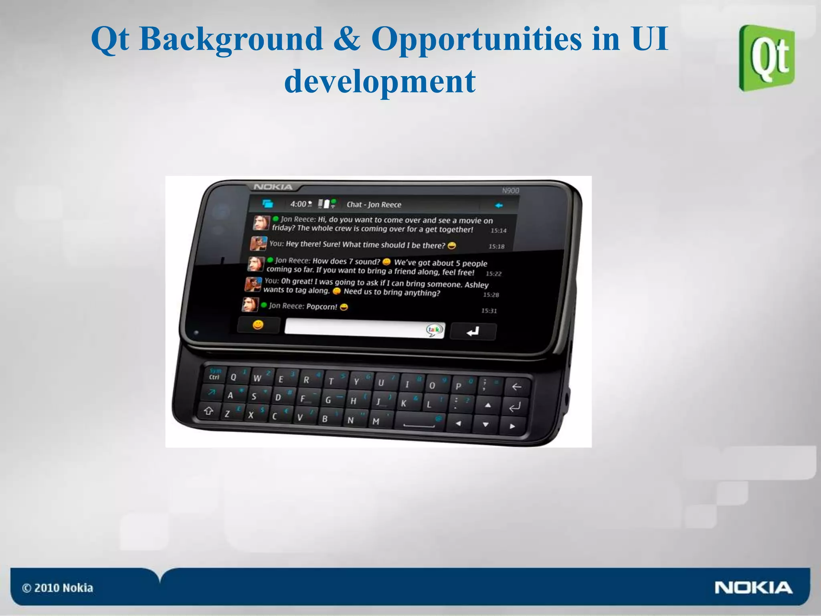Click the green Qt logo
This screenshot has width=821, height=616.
pyautogui.click(x=766, y=58)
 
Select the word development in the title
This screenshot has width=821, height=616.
pyautogui.click(x=380, y=81)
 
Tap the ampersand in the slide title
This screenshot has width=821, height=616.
pyautogui.click(x=347, y=39)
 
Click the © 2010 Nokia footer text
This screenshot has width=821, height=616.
pyautogui.click(x=58, y=588)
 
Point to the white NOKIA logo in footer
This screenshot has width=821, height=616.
pyautogui.click(x=753, y=588)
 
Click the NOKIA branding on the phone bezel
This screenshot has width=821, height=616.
pyautogui.click(x=273, y=187)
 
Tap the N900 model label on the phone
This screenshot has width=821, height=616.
pyautogui.click(x=510, y=190)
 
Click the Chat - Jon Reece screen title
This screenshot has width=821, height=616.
pyautogui.click(x=374, y=204)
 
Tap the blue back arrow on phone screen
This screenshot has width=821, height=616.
pyautogui.click(x=498, y=206)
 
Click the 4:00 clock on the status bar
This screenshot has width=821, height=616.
pyautogui.click(x=298, y=204)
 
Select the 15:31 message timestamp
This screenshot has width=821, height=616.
pyautogui.click(x=489, y=311)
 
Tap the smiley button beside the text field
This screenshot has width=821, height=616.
pyautogui.click(x=258, y=325)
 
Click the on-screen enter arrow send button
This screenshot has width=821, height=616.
pyautogui.click(x=473, y=331)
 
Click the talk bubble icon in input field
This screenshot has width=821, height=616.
pyautogui.click(x=434, y=330)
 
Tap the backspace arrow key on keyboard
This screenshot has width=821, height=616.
pyautogui.click(x=517, y=387)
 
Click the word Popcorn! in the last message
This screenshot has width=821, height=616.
pyautogui.click(x=322, y=307)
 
